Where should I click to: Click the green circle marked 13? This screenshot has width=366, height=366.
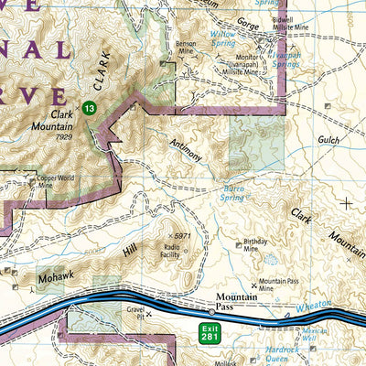(x=88, y=108)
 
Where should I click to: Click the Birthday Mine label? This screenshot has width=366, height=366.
(x=259, y=246)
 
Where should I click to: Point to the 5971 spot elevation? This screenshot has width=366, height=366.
(x=182, y=236)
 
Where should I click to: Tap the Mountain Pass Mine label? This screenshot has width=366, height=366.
(x=279, y=285)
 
